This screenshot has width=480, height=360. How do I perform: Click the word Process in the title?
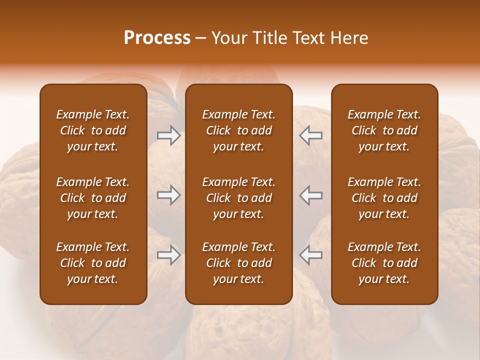pyautogui.click(x=157, y=38)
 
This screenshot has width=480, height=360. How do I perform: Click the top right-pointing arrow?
pyautogui.click(x=168, y=135)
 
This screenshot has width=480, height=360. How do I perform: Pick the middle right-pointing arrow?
pyautogui.click(x=168, y=195)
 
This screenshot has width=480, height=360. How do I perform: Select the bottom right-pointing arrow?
pyautogui.click(x=168, y=255)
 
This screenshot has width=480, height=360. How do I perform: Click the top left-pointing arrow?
pyautogui.click(x=311, y=135)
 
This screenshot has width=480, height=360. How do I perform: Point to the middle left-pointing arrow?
pyautogui.click(x=311, y=195)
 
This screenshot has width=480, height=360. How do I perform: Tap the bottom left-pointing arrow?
pyautogui.click(x=311, y=255)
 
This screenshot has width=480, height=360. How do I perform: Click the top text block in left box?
pyautogui.click(x=93, y=130)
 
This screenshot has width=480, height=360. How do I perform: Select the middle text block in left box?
pyautogui.click(x=93, y=198)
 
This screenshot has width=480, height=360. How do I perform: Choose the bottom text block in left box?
pyautogui.click(x=93, y=263)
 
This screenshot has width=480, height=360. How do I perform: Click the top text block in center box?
pyautogui.click(x=238, y=130)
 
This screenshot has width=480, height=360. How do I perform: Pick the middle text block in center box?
pyautogui.click(x=238, y=198)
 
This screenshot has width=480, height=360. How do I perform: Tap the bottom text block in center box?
pyautogui.click(x=238, y=263)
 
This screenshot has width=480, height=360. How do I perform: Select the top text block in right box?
pyautogui.click(x=384, y=130)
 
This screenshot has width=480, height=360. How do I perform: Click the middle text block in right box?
pyautogui.click(x=384, y=198)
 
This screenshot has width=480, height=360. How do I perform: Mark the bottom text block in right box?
pyautogui.click(x=384, y=263)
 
